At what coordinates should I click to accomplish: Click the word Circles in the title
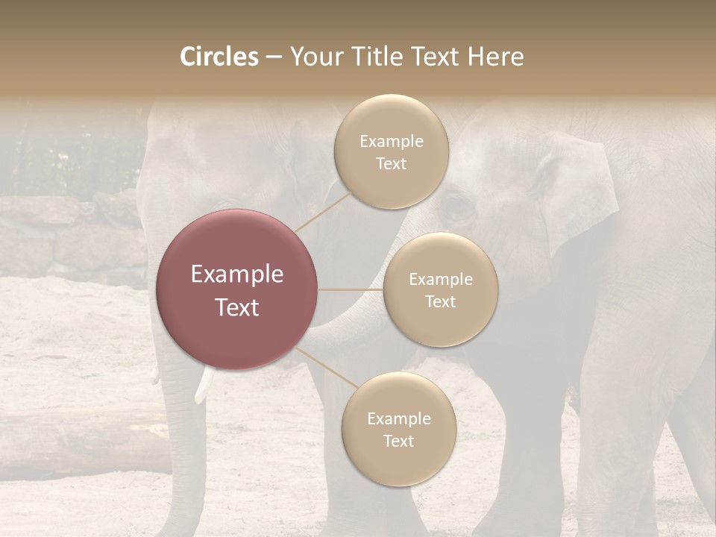pyautogui.click(x=219, y=57)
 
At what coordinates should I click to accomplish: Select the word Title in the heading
pyautogui.click(x=377, y=57)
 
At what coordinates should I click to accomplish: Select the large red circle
pyautogui.click(x=237, y=289)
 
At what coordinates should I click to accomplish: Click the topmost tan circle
pyautogui.click(x=391, y=151)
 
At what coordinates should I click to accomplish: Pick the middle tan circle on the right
pyautogui.click(x=441, y=289)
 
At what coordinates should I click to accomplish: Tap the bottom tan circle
pyautogui.click(x=398, y=429)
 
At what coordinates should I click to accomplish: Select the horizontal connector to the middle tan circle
pyautogui.click(x=351, y=289)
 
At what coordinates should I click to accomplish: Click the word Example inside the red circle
pyautogui.click(x=237, y=274)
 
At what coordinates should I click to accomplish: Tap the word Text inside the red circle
pyautogui.click(x=237, y=307)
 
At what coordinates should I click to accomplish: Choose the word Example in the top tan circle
pyautogui.click(x=391, y=142)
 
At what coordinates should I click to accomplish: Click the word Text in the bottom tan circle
pyautogui.click(x=398, y=441)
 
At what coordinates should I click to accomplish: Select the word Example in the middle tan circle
pyautogui.click(x=441, y=280)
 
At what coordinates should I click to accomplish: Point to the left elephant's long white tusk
pyautogui.click(x=203, y=386)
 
